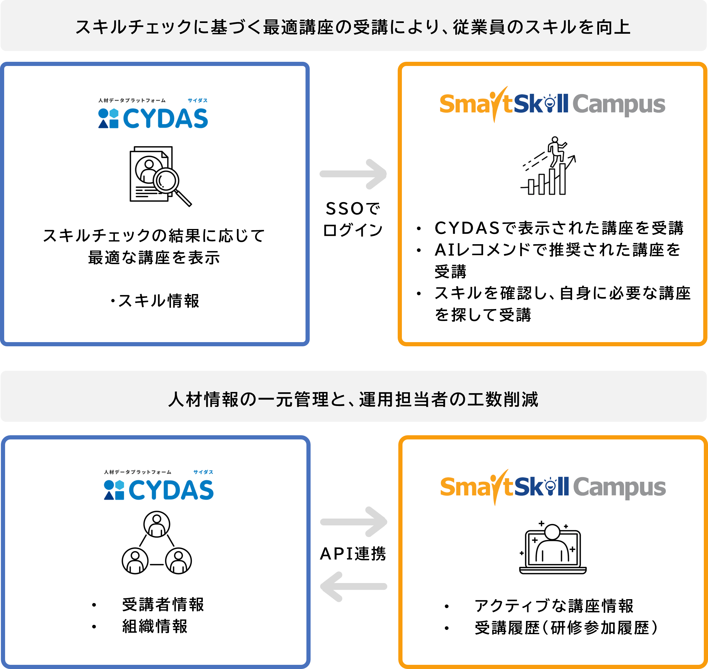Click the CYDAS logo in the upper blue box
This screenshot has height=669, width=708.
[153, 114]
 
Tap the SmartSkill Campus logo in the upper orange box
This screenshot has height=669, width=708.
[552, 104]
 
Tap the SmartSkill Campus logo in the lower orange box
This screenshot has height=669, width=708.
[553, 487]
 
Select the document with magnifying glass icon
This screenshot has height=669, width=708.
[159, 176]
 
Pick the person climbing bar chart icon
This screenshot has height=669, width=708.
[547, 166]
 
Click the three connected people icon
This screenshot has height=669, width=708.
[156, 541]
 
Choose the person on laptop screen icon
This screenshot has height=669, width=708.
[553, 548]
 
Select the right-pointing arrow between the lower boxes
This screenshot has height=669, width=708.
[354, 522]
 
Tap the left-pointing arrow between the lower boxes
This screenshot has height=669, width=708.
[353, 587]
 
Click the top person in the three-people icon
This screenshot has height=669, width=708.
[156, 524]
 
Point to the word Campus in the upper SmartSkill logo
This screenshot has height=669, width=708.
[618, 104]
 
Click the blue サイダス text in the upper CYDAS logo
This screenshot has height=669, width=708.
[198, 101]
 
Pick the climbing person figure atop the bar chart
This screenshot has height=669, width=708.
[556, 151]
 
